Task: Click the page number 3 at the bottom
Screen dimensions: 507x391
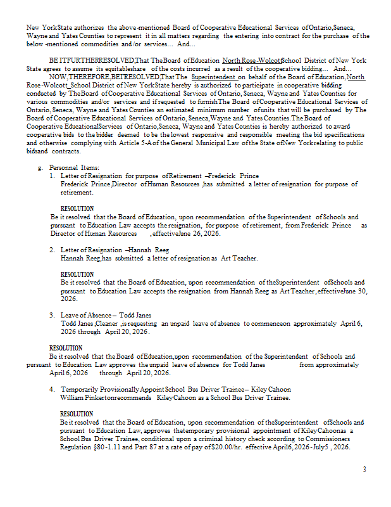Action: (x=364, y=470)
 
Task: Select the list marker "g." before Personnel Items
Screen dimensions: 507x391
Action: (x=40, y=167)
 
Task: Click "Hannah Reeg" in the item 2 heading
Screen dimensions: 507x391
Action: (x=150, y=250)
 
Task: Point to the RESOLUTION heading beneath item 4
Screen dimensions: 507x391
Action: (x=77, y=414)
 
